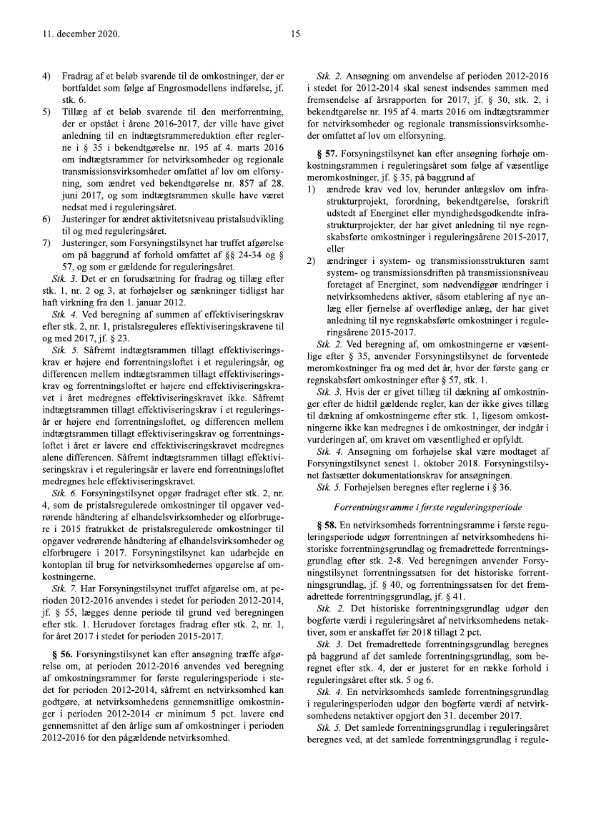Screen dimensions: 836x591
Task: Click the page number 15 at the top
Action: [x=295, y=34]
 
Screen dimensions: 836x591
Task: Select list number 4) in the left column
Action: [x=46, y=76]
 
